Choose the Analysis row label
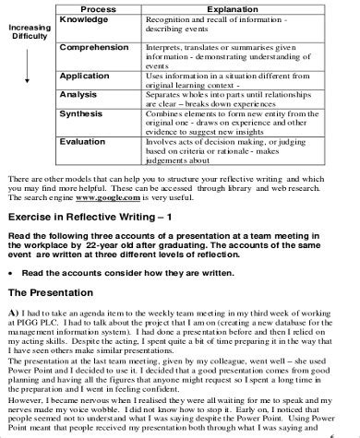[79, 92]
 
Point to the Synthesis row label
[84, 113]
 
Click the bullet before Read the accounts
[9, 274]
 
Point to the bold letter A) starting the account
[11, 311]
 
